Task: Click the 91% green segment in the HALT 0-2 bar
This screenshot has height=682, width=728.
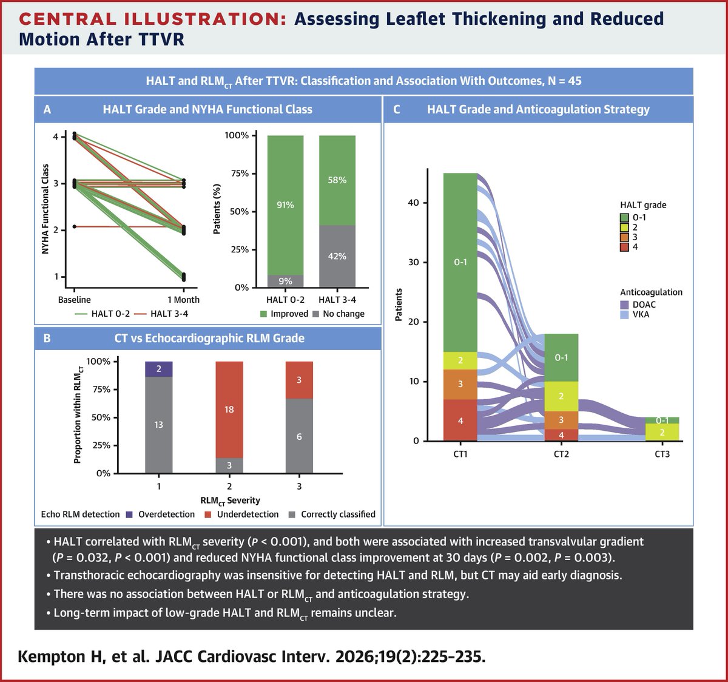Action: point(285,205)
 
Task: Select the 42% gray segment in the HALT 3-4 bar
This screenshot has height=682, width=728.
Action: point(337,256)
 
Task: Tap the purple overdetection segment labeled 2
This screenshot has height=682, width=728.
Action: point(158,369)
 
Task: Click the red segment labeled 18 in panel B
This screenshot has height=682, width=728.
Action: point(229,410)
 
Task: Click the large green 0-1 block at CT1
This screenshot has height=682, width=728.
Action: point(460,263)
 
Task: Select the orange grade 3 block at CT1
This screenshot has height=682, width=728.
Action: point(460,384)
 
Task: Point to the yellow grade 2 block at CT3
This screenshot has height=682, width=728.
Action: point(662,433)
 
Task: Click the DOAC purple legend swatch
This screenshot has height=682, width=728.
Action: point(624,305)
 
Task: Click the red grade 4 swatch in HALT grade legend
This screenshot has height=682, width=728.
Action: point(624,247)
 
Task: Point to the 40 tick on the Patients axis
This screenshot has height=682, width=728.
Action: point(416,203)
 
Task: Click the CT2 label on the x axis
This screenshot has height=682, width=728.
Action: point(561,454)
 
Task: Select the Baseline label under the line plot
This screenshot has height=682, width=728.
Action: point(74,300)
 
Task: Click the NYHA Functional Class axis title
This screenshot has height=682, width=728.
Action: point(45,209)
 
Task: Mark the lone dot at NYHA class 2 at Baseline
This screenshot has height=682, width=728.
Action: point(74,226)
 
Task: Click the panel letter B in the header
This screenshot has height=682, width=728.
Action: point(47,339)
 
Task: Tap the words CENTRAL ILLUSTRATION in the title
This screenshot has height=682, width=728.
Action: point(152,19)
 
